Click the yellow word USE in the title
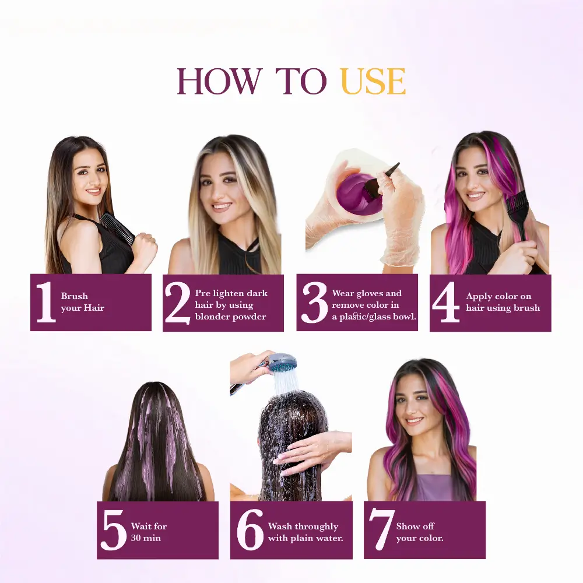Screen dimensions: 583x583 [373, 82]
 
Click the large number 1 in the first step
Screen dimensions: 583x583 [45, 303]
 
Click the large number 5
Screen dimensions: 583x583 [114, 531]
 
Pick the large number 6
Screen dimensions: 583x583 [250, 531]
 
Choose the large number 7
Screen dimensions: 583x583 [381, 531]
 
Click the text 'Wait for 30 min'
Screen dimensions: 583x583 [149, 532]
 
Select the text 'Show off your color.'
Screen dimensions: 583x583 [420, 532]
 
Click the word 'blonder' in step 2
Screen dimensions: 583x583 [212, 317]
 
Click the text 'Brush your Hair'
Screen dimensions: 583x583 [82, 302]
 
